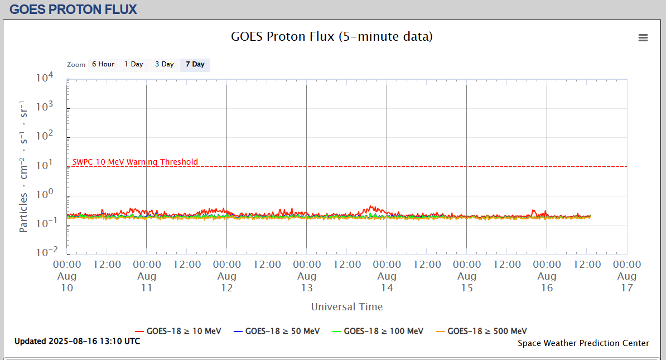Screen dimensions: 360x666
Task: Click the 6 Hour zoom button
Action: tap(103, 65)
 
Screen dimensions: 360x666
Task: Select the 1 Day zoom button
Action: tap(134, 65)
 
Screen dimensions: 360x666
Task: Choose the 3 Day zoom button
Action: tap(165, 65)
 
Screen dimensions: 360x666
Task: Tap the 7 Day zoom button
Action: tap(195, 65)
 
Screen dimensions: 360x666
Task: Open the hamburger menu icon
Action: tap(643, 37)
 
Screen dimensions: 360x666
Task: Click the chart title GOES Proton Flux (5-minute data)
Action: tap(332, 37)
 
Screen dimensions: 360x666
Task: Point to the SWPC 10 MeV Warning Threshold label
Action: tap(135, 162)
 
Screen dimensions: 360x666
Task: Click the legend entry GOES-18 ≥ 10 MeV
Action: tap(178, 331)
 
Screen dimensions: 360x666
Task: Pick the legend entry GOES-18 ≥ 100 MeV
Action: tap(378, 331)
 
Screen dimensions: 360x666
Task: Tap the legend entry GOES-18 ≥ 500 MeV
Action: tap(481, 331)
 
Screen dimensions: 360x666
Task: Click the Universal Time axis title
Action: tap(347, 306)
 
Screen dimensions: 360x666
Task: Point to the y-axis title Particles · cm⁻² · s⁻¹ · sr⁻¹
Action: tap(23, 167)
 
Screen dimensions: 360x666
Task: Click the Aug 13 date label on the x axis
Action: tap(307, 282)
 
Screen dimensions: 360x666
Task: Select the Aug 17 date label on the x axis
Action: tap(627, 282)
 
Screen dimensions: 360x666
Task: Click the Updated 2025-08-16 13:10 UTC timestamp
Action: tap(78, 341)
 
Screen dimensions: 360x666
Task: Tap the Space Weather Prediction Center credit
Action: tap(583, 343)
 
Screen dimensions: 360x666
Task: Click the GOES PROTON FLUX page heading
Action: tap(73, 9)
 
